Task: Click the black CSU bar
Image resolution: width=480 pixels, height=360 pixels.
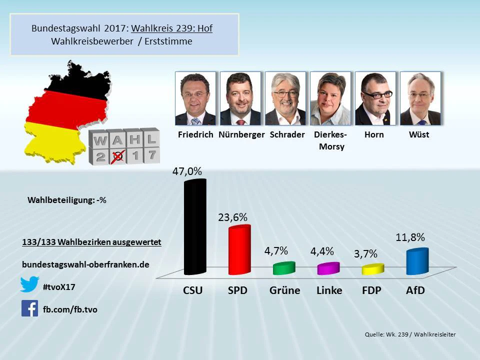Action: pyautogui.click(x=194, y=227)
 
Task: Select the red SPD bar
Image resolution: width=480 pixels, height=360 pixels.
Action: pyautogui.click(x=239, y=250)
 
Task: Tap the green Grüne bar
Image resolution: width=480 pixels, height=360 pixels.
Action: pyautogui.click(x=284, y=268)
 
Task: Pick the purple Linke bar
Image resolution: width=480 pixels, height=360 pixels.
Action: pyautogui.click(x=328, y=268)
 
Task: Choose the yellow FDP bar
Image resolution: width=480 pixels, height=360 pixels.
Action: pyautogui.click(x=372, y=269)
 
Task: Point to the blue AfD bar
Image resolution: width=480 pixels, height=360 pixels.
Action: pyautogui.click(x=417, y=261)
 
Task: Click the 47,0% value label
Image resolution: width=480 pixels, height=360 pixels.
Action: pyautogui.click(x=187, y=171)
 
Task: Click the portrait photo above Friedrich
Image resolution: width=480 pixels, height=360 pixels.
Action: pyautogui.click(x=195, y=98)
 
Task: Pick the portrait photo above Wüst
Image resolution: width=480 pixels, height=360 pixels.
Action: pyautogui.click(x=420, y=98)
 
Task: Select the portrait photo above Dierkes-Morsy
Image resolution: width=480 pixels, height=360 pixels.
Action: pyautogui.click(x=330, y=98)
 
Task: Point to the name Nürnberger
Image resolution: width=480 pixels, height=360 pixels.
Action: pyautogui.click(x=241, y=134)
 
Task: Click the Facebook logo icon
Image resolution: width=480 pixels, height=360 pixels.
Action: pyautogui.click(x=30, y=308)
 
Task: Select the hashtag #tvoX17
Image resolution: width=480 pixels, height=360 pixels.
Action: pyautogui.click(x=59, y=286)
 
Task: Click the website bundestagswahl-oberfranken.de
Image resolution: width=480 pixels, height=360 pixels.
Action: pyautogui.click(x=85, y=264)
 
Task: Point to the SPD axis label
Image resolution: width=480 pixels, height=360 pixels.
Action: pyautogui.click(x=237, y=290)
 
